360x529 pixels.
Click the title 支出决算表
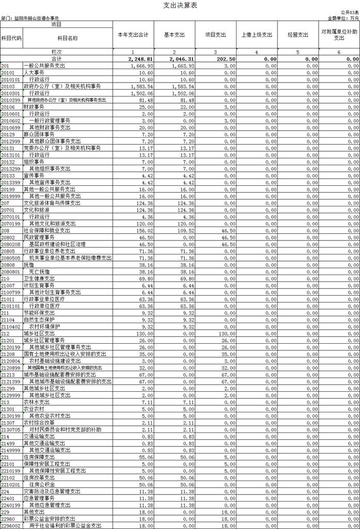coord(180,5)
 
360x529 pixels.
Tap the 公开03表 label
coord(349,12)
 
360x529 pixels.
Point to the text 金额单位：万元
coord(343,18)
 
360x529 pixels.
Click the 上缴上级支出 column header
coord(257,35)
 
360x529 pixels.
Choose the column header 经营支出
coord(298,35)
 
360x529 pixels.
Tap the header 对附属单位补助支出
coord(339,35)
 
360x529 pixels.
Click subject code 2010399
coord(10,100)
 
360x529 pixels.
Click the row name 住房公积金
coord(42,484)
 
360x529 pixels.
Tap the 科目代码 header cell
coord(11,38)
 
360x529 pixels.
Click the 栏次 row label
coord(56,53)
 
